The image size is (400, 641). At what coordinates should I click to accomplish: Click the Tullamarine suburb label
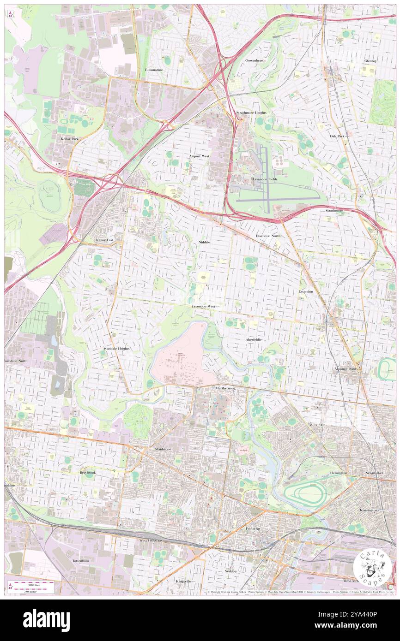pyautogui.click(x=154, y=70)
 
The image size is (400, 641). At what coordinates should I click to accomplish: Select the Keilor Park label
pyautogui.click(x=69, y=138)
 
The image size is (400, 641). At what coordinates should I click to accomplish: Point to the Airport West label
pyautogui.click(x=199, y=156)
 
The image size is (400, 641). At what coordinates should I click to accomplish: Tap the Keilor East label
pyautogui.click(x=104, y=240)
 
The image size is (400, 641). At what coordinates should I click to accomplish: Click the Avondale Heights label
pyautogui.click(x=116, y=349)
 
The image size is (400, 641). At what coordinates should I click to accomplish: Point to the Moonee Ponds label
pyautogui.click(x=347, y=369)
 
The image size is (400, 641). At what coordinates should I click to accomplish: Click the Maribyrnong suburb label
pyautogui.click(x=225, y=388)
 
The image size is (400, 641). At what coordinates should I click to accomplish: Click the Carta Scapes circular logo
pyautogui.click(x=372, y=568)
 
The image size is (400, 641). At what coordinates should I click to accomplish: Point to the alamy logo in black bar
pyautogui.click(x=46, y=620)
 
